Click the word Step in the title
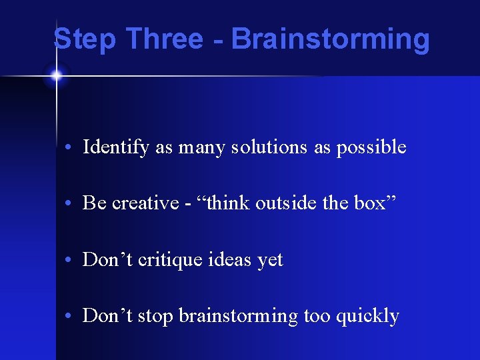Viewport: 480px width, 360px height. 85,39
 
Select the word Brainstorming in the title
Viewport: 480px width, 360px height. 330,39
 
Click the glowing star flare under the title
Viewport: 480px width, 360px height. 56,76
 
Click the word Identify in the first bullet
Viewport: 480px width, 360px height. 116,147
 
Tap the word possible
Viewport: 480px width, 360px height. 371,147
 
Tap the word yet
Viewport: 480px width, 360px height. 270,260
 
